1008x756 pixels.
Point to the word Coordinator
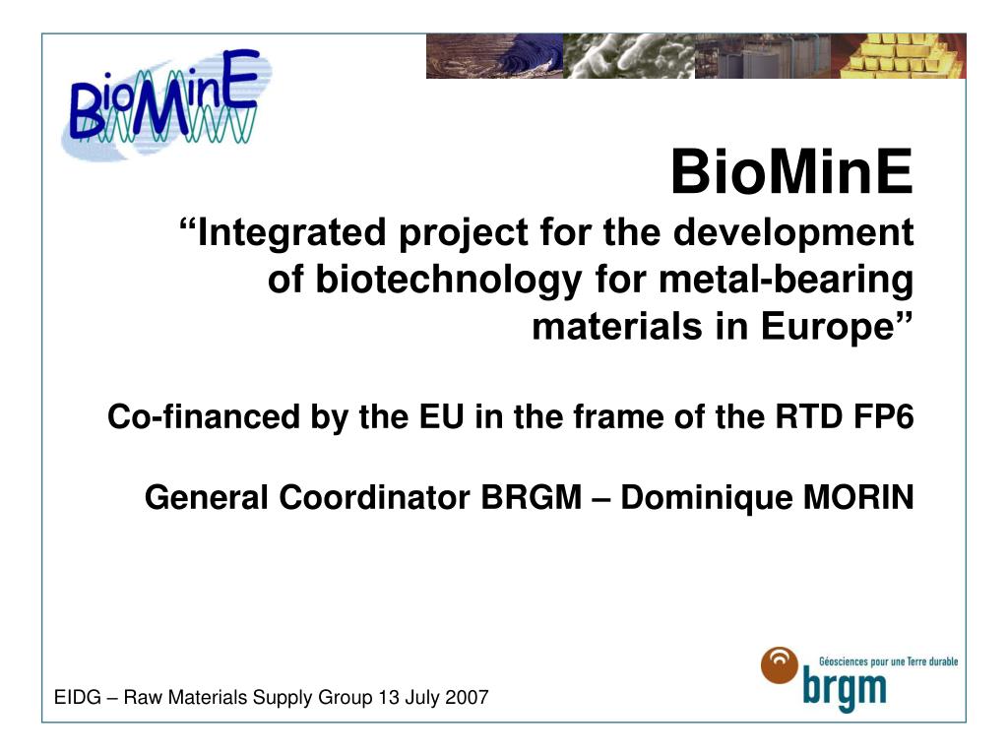tap(374, 498)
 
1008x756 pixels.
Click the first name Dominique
tap(695, 498)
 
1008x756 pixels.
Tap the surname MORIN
tap(858, 498)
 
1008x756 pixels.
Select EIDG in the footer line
tap(75, 699)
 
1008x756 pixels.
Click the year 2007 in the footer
tap(467, 699)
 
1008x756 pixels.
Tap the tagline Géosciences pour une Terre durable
tap(888, 661)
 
